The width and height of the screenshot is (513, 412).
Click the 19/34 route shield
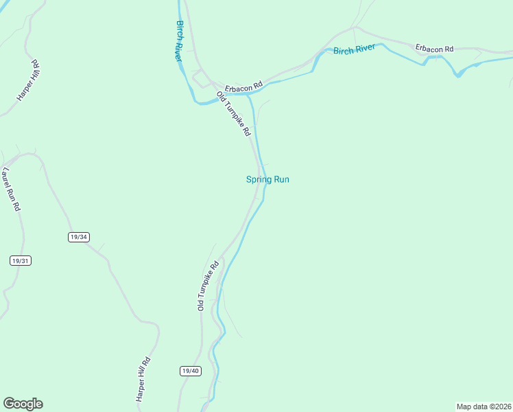79,237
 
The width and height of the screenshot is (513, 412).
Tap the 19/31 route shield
21,261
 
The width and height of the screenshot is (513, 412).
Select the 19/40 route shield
191,371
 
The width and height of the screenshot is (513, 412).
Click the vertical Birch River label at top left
179,41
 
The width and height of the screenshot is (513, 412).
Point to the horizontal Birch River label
354,51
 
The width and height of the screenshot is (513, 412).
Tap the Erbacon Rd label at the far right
435,49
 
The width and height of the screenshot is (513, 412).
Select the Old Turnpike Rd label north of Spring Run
233,113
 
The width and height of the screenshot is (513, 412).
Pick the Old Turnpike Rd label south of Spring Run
207,285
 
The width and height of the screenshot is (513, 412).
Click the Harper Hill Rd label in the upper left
29,81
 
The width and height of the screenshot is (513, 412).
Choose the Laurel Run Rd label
12,188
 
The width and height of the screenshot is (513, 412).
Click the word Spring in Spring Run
259,180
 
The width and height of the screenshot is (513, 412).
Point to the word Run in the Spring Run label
281,180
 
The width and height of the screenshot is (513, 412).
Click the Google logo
23,404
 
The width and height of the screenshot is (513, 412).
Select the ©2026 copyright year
501,406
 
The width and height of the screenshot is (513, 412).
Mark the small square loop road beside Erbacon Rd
202,80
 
